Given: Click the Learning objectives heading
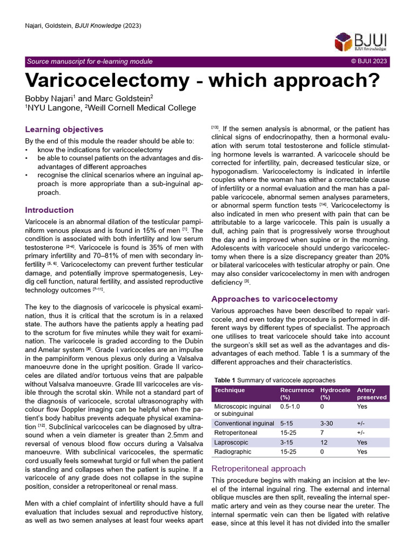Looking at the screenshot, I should [64, 130].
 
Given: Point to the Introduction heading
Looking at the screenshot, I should [50, 210].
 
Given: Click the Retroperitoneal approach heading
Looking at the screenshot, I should [258, 468].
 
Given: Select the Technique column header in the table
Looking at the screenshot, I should [230, 390].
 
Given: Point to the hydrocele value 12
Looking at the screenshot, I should [324, 442].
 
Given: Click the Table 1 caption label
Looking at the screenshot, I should [226, 380].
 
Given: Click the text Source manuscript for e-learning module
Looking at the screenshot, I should [90, 62].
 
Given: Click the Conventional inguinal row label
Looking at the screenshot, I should [244, 423].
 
